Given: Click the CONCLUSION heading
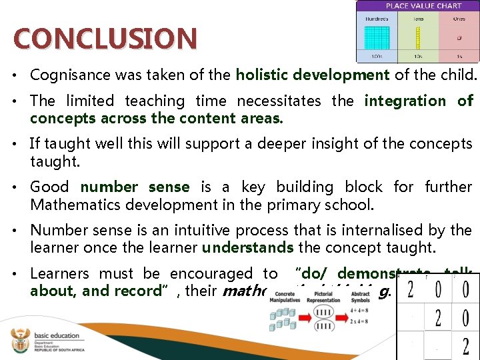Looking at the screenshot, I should pyautogui.click(x=105, y=38).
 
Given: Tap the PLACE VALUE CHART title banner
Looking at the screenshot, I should pyautogui.click(x=418, y=5).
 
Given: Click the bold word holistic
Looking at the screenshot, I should pyautogui.click(x=263, y=75).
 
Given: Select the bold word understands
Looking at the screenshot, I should pyautogui.click(x=247, y=248).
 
